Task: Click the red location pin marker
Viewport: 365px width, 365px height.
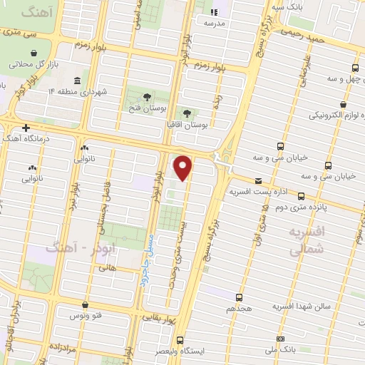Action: [x=183, y=168]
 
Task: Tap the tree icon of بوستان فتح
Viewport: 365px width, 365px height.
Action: [x=147, y=97]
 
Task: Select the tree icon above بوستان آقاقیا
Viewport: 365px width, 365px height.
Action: [x=187, y=113]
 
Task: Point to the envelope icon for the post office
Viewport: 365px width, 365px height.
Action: [x=257, y=182]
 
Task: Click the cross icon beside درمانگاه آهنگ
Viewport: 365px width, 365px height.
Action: [x=26, y=128]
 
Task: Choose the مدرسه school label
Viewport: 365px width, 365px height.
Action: [x=214, y=22]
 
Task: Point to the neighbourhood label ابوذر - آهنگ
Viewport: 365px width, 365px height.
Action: [x=69, y=247]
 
